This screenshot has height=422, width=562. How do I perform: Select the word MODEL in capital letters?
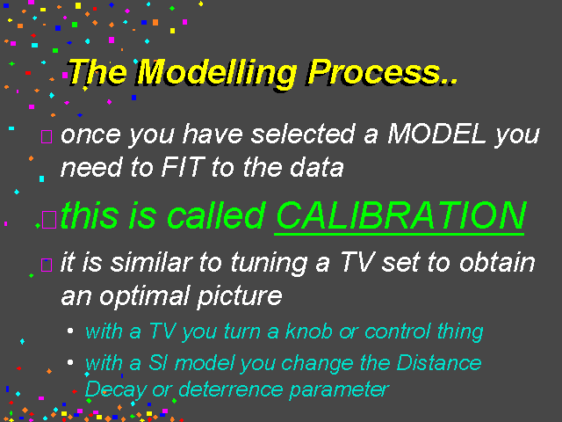pos(436,134)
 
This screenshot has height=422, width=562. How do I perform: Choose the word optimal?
pos(143,297)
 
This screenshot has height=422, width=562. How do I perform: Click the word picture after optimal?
pos(240,297)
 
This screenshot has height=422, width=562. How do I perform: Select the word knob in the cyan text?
pos(308,331)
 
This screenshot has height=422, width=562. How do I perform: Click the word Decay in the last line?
pos(116,389)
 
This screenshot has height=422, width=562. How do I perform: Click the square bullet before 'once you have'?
pos(47,136)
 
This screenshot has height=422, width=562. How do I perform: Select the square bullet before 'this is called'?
pos(49,220)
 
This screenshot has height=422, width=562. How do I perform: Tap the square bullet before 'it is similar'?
pos(47,265)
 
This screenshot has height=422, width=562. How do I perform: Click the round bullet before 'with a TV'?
pos(70,331)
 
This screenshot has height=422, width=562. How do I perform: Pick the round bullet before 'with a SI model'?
pos(70,362)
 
